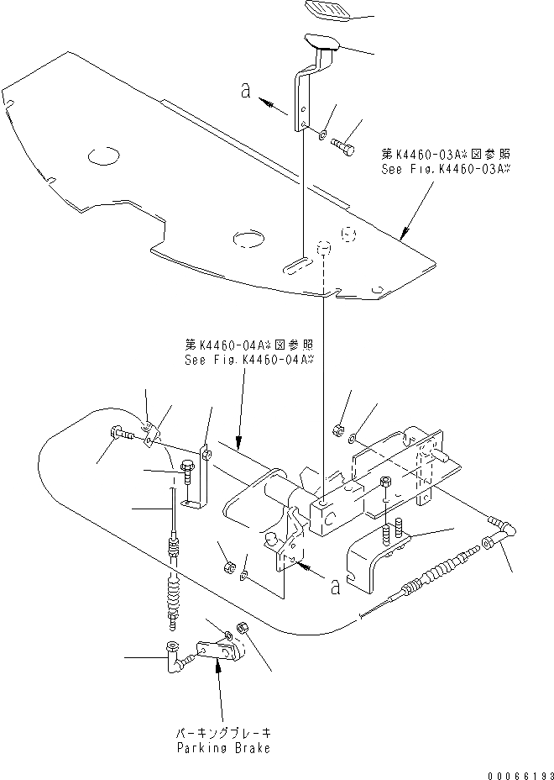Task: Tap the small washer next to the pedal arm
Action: (323, 134)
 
